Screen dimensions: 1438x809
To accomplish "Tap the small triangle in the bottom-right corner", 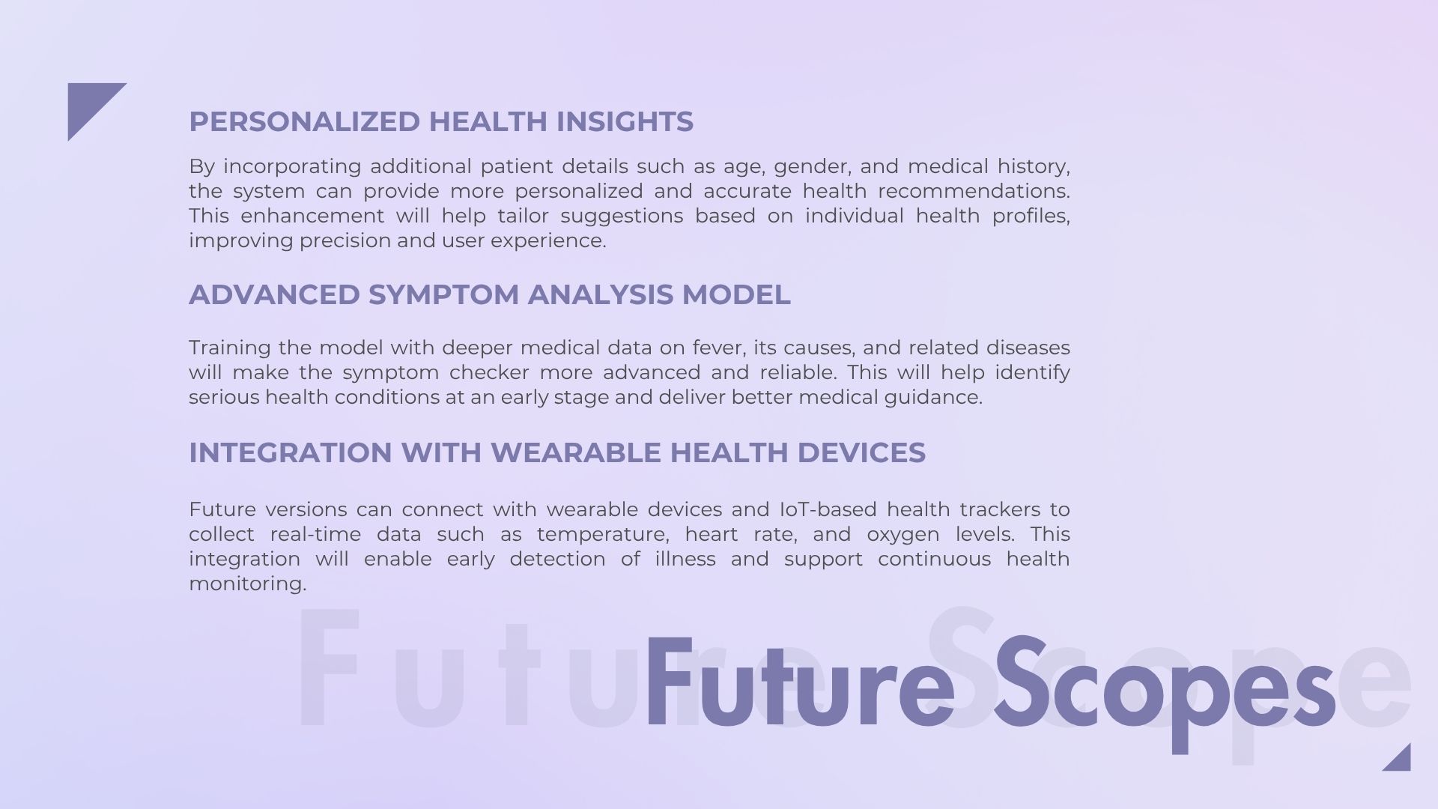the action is (x=1401, y=762).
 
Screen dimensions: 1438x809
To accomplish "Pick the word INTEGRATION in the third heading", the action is (x=291, y=452).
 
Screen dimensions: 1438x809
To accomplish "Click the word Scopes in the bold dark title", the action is (x=1165, y=693).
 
